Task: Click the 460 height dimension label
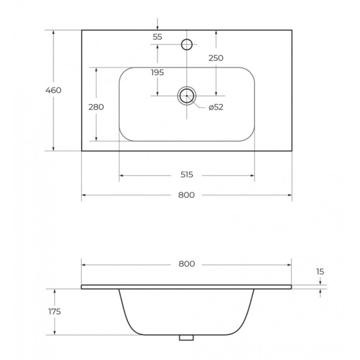(53, 90)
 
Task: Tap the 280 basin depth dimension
(96, 107)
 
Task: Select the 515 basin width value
(187, 175)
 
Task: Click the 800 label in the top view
(186, 195)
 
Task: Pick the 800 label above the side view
(187, 264)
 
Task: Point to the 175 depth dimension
(54, 311)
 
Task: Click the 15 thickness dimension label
(320, 272)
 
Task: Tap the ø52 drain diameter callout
(216, 107)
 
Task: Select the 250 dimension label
(216, 58)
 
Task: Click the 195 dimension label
(157, 72)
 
